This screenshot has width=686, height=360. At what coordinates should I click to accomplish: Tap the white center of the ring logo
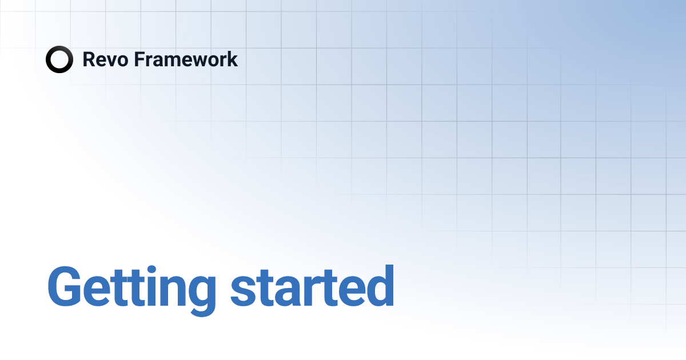(59, 59)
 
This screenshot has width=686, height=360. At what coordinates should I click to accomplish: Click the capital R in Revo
(89, 59)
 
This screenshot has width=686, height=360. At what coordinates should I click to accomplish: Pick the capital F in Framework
(138, 59)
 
